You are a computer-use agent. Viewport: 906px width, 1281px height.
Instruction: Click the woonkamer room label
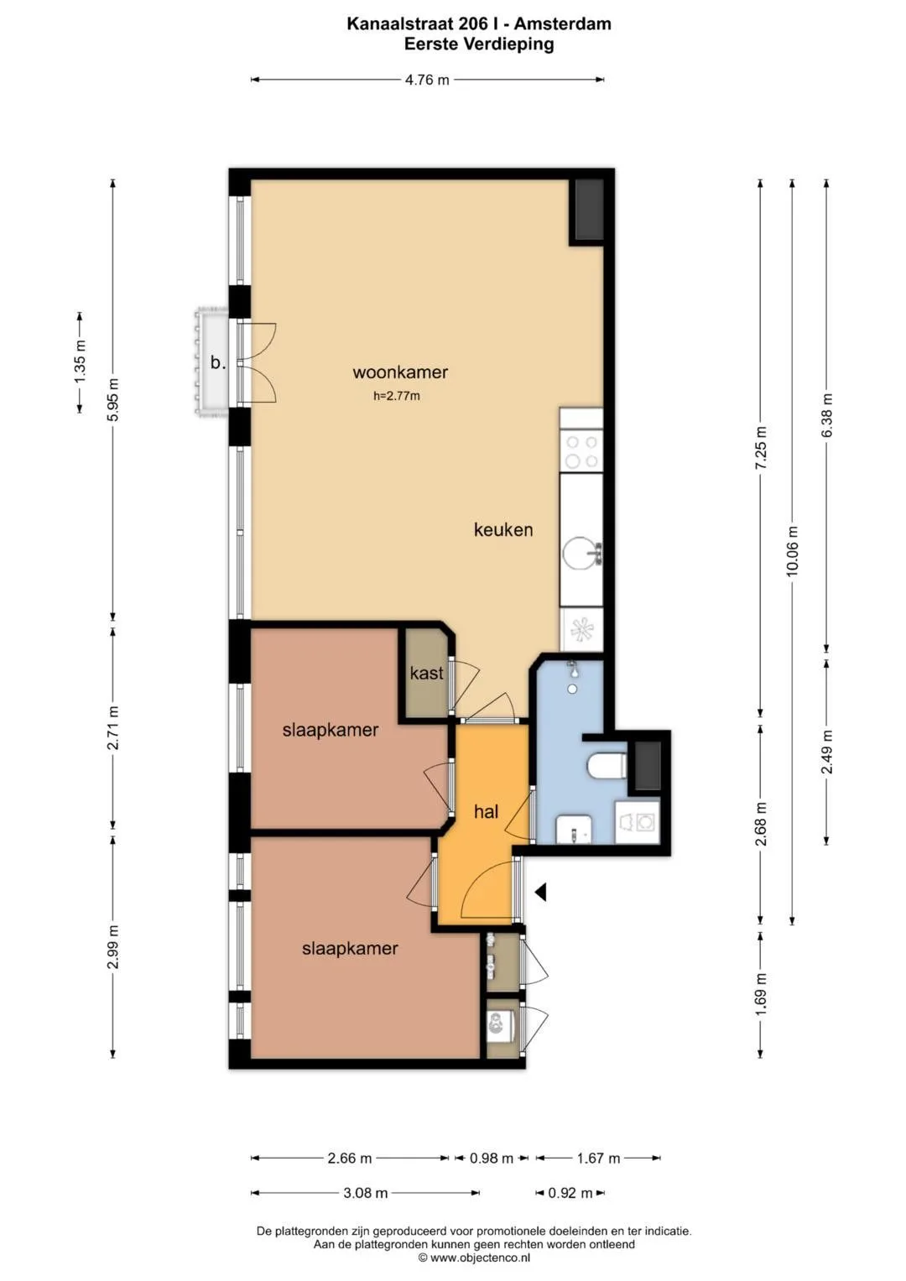[400, 372]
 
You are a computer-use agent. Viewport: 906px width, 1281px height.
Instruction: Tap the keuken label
[503, 529]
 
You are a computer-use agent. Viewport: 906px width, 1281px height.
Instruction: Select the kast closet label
[427, 673]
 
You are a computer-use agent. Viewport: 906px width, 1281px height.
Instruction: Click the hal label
[487, 811]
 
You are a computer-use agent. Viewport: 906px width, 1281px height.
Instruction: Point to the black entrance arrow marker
[540, 892]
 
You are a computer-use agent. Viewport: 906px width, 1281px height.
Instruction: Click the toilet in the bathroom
[607, 766]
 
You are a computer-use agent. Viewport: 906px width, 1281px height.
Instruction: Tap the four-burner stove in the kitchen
[581, 451]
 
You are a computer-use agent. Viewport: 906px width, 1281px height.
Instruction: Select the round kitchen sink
[580, 554]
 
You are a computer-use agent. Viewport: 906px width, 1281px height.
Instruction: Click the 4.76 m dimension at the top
[427, 80]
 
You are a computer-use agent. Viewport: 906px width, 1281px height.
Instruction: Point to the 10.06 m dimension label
[792, 550]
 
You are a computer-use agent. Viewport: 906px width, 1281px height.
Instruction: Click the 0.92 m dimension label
[570, 1193]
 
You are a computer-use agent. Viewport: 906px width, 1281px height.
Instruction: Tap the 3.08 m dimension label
[366, 1193]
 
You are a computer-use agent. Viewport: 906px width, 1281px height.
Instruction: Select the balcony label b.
[218, 362]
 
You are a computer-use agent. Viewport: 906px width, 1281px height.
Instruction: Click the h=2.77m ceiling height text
[396, 396]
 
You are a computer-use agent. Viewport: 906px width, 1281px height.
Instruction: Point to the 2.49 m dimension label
[826, 752]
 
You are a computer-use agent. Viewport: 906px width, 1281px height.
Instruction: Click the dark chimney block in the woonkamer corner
[589, 210]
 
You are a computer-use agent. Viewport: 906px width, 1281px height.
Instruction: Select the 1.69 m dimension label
[761, 992]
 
